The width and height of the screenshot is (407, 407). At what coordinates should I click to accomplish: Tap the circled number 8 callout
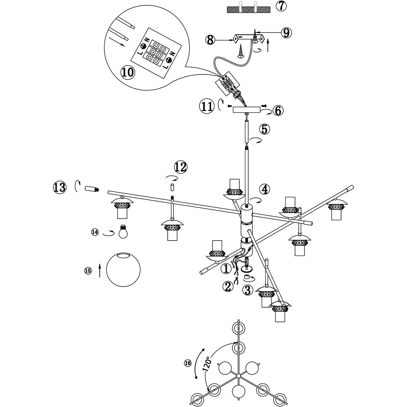(210, 40)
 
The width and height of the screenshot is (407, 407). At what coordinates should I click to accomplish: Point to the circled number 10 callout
(127, 72)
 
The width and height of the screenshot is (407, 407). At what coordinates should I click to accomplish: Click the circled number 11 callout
(206, 107)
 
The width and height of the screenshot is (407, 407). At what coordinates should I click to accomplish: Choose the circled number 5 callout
(264, 129)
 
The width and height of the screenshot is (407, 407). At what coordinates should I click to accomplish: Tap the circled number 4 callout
(265, 189)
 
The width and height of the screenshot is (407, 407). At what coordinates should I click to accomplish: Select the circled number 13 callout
(59, 188)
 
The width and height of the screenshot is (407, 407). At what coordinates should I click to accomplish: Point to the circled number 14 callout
(95, 232)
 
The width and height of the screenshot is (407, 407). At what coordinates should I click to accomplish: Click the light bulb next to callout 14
(123, 232)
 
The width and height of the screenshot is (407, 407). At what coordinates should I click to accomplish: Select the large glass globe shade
(123, 270)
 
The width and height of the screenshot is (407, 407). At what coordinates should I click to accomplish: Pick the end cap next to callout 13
(92, 188)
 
